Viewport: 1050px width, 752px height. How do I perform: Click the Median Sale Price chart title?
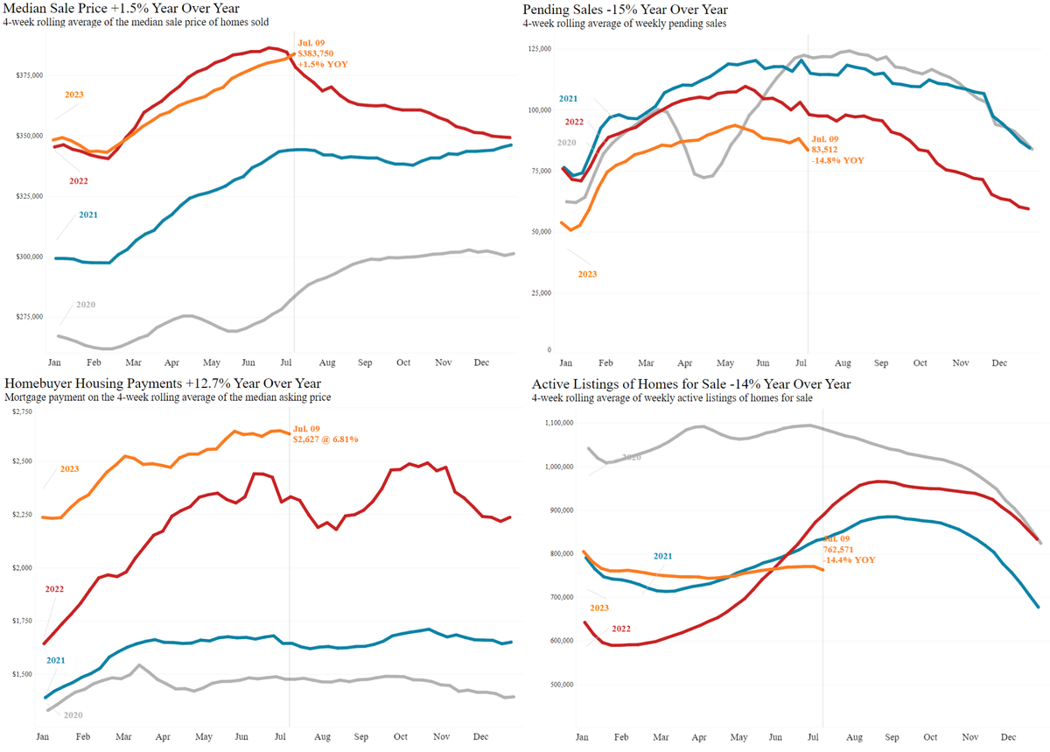point(122,8)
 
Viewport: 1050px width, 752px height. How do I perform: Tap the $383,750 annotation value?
point(316,53)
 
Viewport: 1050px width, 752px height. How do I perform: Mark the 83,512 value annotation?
point(827,150)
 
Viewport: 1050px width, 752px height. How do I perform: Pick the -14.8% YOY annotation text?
point(838,160)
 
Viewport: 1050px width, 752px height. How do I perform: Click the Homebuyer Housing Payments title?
point(163,383)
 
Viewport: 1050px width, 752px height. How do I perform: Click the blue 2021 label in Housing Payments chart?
point(56,661)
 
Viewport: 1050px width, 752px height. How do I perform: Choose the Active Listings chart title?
point(690,383)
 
